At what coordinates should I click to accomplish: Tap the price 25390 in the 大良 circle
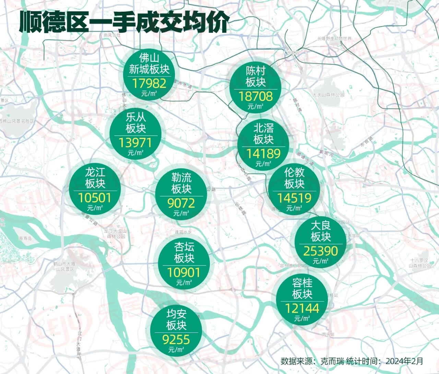click(x=320, y=251)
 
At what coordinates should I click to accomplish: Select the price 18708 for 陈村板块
click(x=256, y=96)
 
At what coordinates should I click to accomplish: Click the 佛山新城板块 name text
click(x=149, y=64)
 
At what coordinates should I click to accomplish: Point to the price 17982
click(x=149, y=83)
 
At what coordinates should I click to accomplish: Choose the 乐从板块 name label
click(x=136, y=123)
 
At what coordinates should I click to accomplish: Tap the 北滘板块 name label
click(x=263, y=134)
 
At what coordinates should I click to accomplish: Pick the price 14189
click(x=263, y=154)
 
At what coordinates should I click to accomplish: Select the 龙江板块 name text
click(x=95, y=178)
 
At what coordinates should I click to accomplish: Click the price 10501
click(x=95, y=198)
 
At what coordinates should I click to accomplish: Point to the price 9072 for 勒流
click(x=181, y=203)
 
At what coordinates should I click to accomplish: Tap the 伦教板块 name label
click(x=294, y=178)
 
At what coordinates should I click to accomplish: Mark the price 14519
click(x=294, y=198)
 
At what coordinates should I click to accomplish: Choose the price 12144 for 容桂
click(x=302, y=308)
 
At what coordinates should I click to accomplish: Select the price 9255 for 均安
click(x=176, y=340)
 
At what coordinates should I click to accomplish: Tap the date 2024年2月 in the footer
click(x=404, y=361)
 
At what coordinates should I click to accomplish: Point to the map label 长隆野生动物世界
click(x=334, y=38)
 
